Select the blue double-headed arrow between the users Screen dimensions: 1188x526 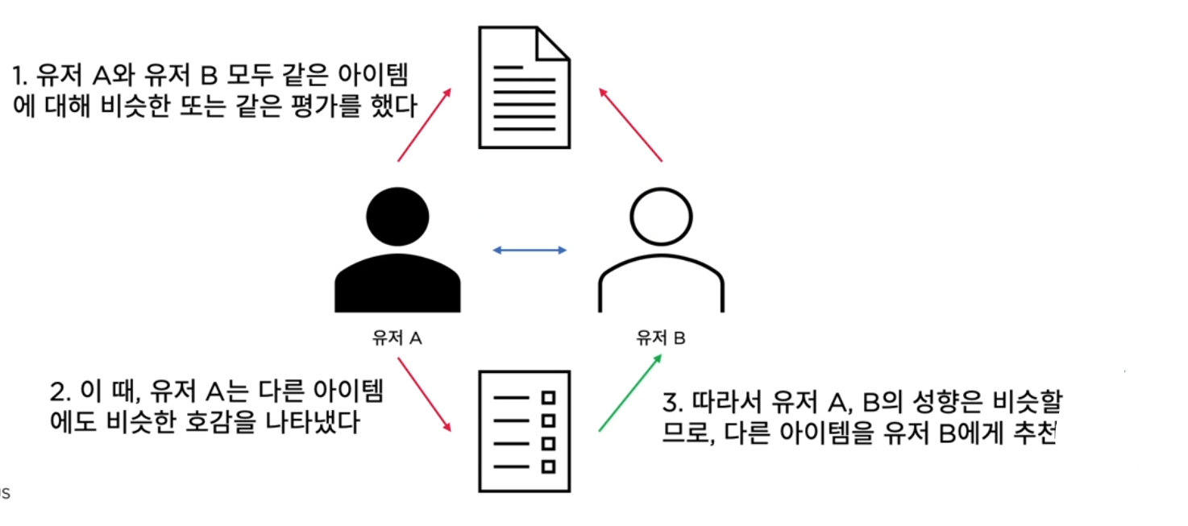pyautogui.click(x=530, y=251)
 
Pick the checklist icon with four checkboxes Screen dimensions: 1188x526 pyautogui.click(x=525, y=431)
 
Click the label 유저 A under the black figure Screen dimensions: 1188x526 pyautogui.click(x=397, y=338)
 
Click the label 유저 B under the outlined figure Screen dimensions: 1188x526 pyautogui.click(x=661, y=338)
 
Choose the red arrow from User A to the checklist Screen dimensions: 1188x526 pyautogui.click(x=424, y=395)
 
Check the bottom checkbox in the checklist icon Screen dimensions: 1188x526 pyautogui.click(x=549, y=466)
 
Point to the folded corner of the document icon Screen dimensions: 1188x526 pyautogui.click(x=553, y=43)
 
